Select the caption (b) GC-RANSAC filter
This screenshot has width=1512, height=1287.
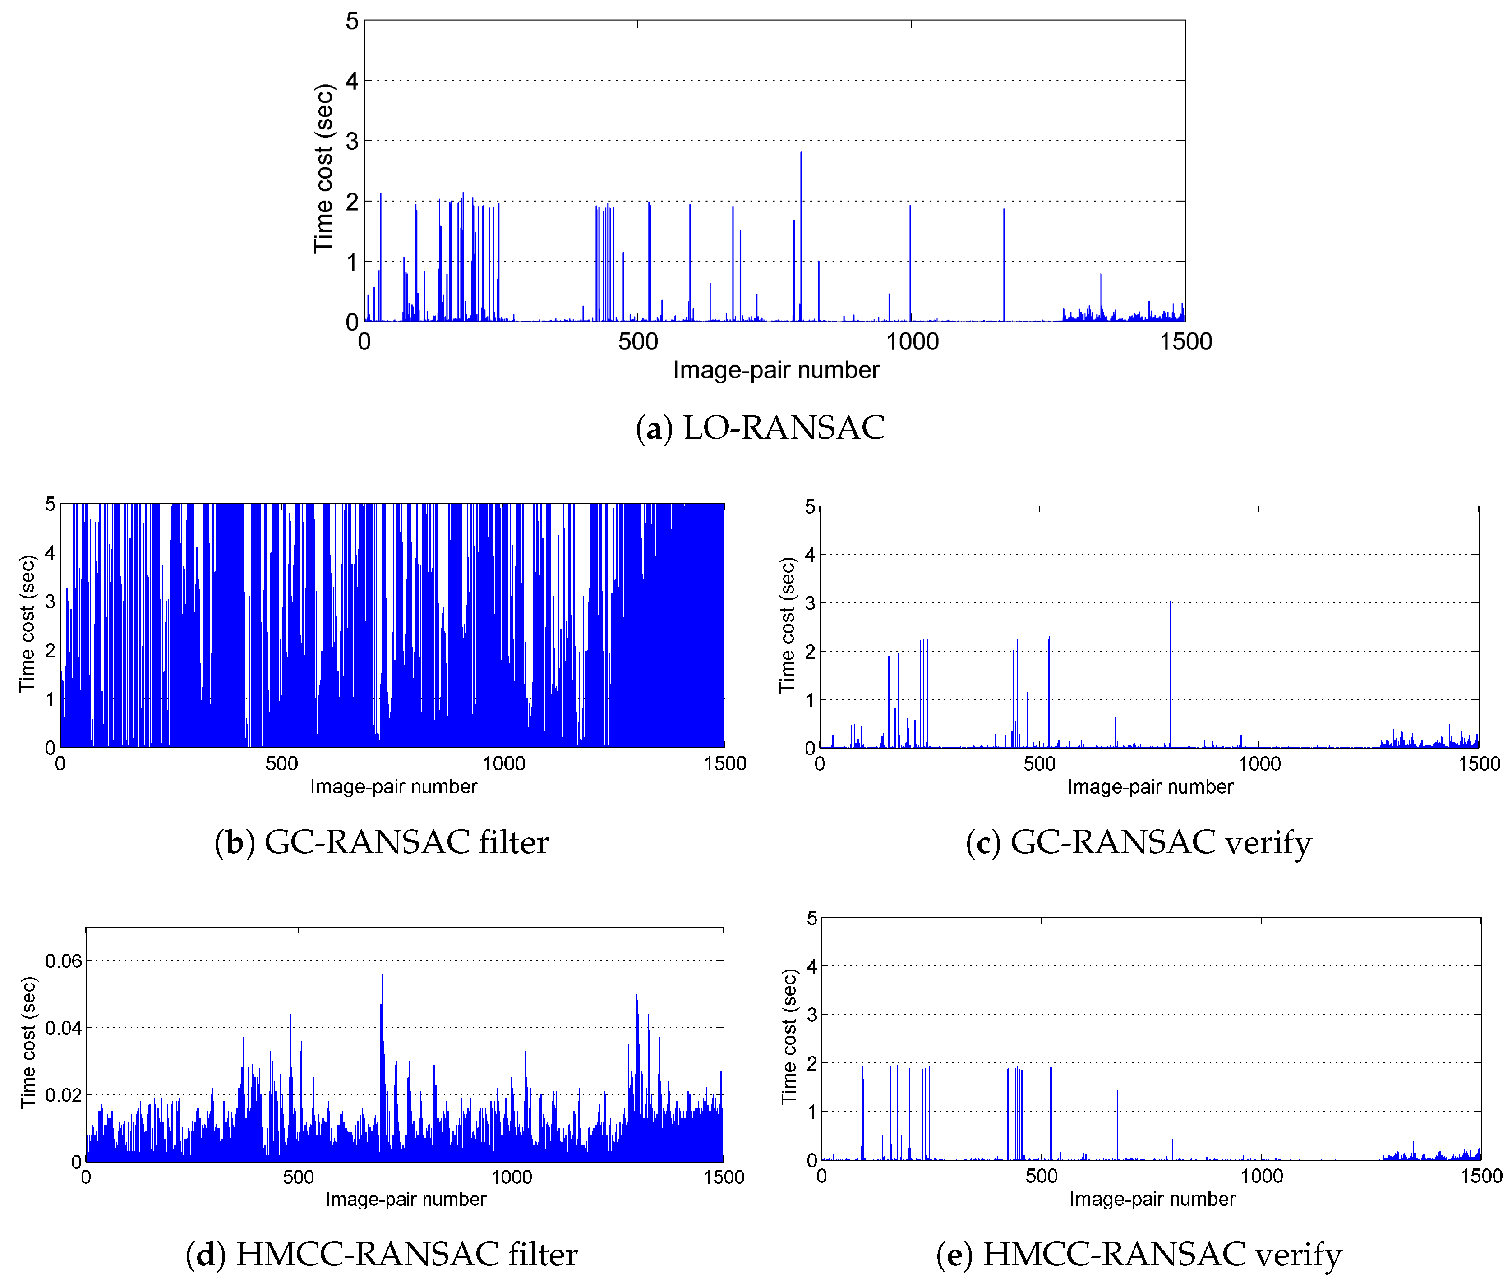coord(381,843)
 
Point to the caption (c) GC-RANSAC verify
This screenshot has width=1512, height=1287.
coord(1139,843)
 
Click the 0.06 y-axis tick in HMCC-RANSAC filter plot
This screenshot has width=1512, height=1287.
coord(64,961)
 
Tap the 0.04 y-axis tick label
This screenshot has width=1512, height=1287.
coord(64,1028)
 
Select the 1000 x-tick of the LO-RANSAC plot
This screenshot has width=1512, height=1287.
coord(912,341)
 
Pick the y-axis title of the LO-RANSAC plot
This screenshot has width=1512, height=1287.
coord(323,169)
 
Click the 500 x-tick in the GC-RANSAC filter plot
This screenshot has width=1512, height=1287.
coord(281,764)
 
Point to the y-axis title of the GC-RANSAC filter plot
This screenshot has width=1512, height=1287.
coord(27,624)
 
